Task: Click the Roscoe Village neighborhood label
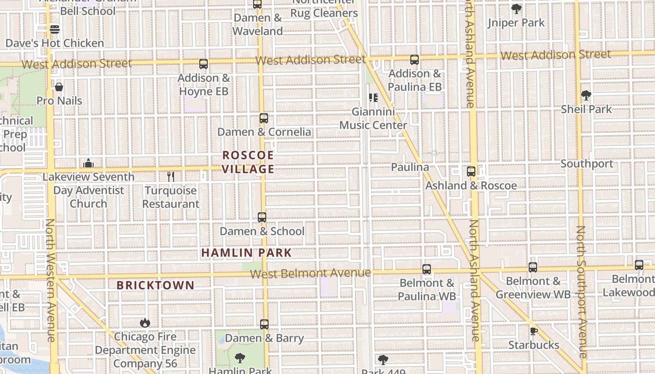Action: (247, 162)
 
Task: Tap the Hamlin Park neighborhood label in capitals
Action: (247, 253)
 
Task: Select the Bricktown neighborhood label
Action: (155, 285)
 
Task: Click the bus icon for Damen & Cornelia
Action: (264, 118)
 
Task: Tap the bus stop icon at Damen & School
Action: (262, 217)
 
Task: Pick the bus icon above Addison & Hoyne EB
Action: (204, 64)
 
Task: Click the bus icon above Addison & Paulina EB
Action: (415, 60)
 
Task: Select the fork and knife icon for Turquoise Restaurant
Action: (171, 177)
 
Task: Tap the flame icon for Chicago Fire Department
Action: (145, 323)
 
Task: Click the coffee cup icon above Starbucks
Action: (533, 331)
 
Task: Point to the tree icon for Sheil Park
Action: (586, 95)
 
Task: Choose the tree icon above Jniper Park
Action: (516, 9)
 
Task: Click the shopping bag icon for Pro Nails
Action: (59, 87)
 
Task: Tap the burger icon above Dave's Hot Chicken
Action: (55, 29)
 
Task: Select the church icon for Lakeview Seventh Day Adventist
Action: (88, 163)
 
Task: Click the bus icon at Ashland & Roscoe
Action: (471, 172)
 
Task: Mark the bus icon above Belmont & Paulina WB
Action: (427, 269)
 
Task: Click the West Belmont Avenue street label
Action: (310, 273)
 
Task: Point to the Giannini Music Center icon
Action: (373, 98)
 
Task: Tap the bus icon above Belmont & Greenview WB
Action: (533, 267)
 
